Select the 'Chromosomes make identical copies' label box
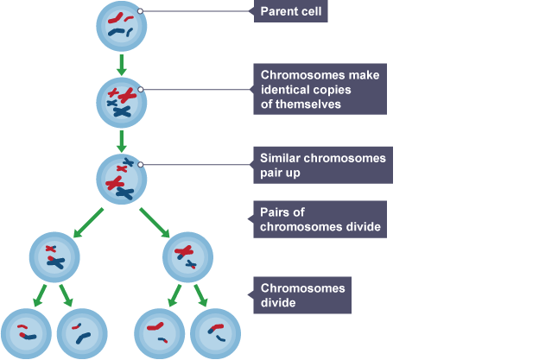320,89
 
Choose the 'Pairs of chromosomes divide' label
320,219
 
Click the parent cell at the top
121,27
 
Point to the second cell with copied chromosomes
121,103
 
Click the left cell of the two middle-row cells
55,256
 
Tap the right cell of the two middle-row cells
188,256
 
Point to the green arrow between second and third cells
121,140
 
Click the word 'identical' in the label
285,89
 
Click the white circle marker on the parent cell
140,12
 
